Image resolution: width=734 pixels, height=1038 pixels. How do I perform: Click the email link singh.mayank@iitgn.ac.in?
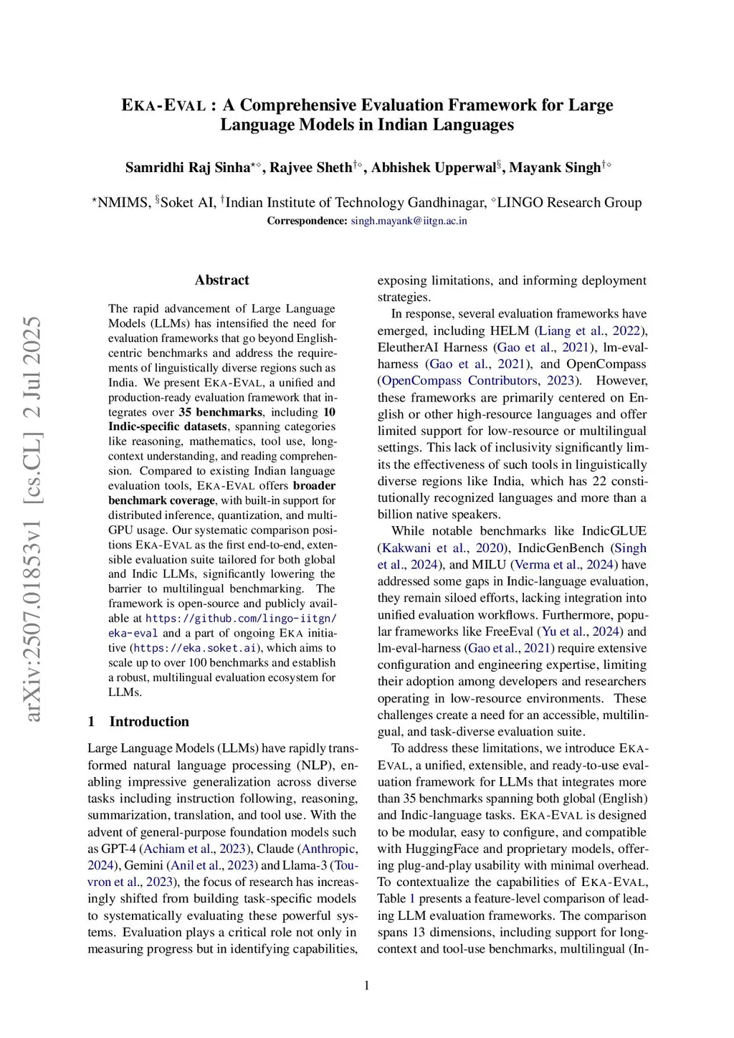click(x=409, y=221)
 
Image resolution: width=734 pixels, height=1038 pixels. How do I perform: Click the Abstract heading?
click(x=221, y=280)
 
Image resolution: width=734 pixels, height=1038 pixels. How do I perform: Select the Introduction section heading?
click(x=149, y=721)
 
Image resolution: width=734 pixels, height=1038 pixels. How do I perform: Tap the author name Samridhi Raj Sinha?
click(x=187, y=168)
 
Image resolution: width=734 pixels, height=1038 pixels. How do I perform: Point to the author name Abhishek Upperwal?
click(x=433, y=168)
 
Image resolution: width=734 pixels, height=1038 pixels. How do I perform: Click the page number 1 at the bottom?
click(x=367, y=986)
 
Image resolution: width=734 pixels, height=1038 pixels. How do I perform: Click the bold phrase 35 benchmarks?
click(x=220, y=412)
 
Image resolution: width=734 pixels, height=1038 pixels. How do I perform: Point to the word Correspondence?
click(x=307, y=221)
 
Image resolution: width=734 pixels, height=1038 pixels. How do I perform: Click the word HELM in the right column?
click(x=510, y=330)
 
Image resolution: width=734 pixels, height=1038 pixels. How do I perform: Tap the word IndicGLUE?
click(x=614, y=531)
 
